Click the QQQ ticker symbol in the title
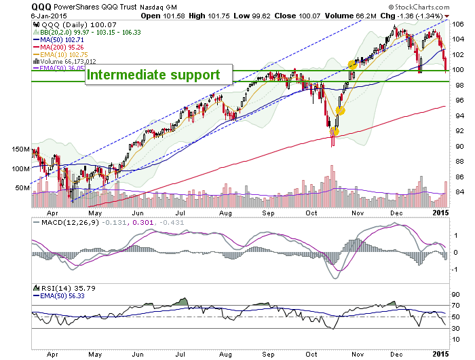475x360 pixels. [41, 7]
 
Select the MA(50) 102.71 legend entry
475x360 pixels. [58, 39]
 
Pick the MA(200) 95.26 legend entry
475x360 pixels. [58, 47]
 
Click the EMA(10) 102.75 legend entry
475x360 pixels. [60, 54]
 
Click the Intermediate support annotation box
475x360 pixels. [159, 74]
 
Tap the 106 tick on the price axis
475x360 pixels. [457, 24]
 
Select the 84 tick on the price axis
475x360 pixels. [457, 192]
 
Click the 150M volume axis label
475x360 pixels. [20, 149]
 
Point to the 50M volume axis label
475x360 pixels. [22, 187]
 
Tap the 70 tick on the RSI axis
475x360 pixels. [455, 306]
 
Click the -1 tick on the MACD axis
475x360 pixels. [455, 269]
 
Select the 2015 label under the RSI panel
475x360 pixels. [441, 354]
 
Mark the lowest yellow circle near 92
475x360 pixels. [335, 132]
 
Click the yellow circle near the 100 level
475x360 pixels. [352, 65]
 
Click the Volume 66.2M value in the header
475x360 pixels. [351, 16]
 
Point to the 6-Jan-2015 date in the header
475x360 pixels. [49, 16]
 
